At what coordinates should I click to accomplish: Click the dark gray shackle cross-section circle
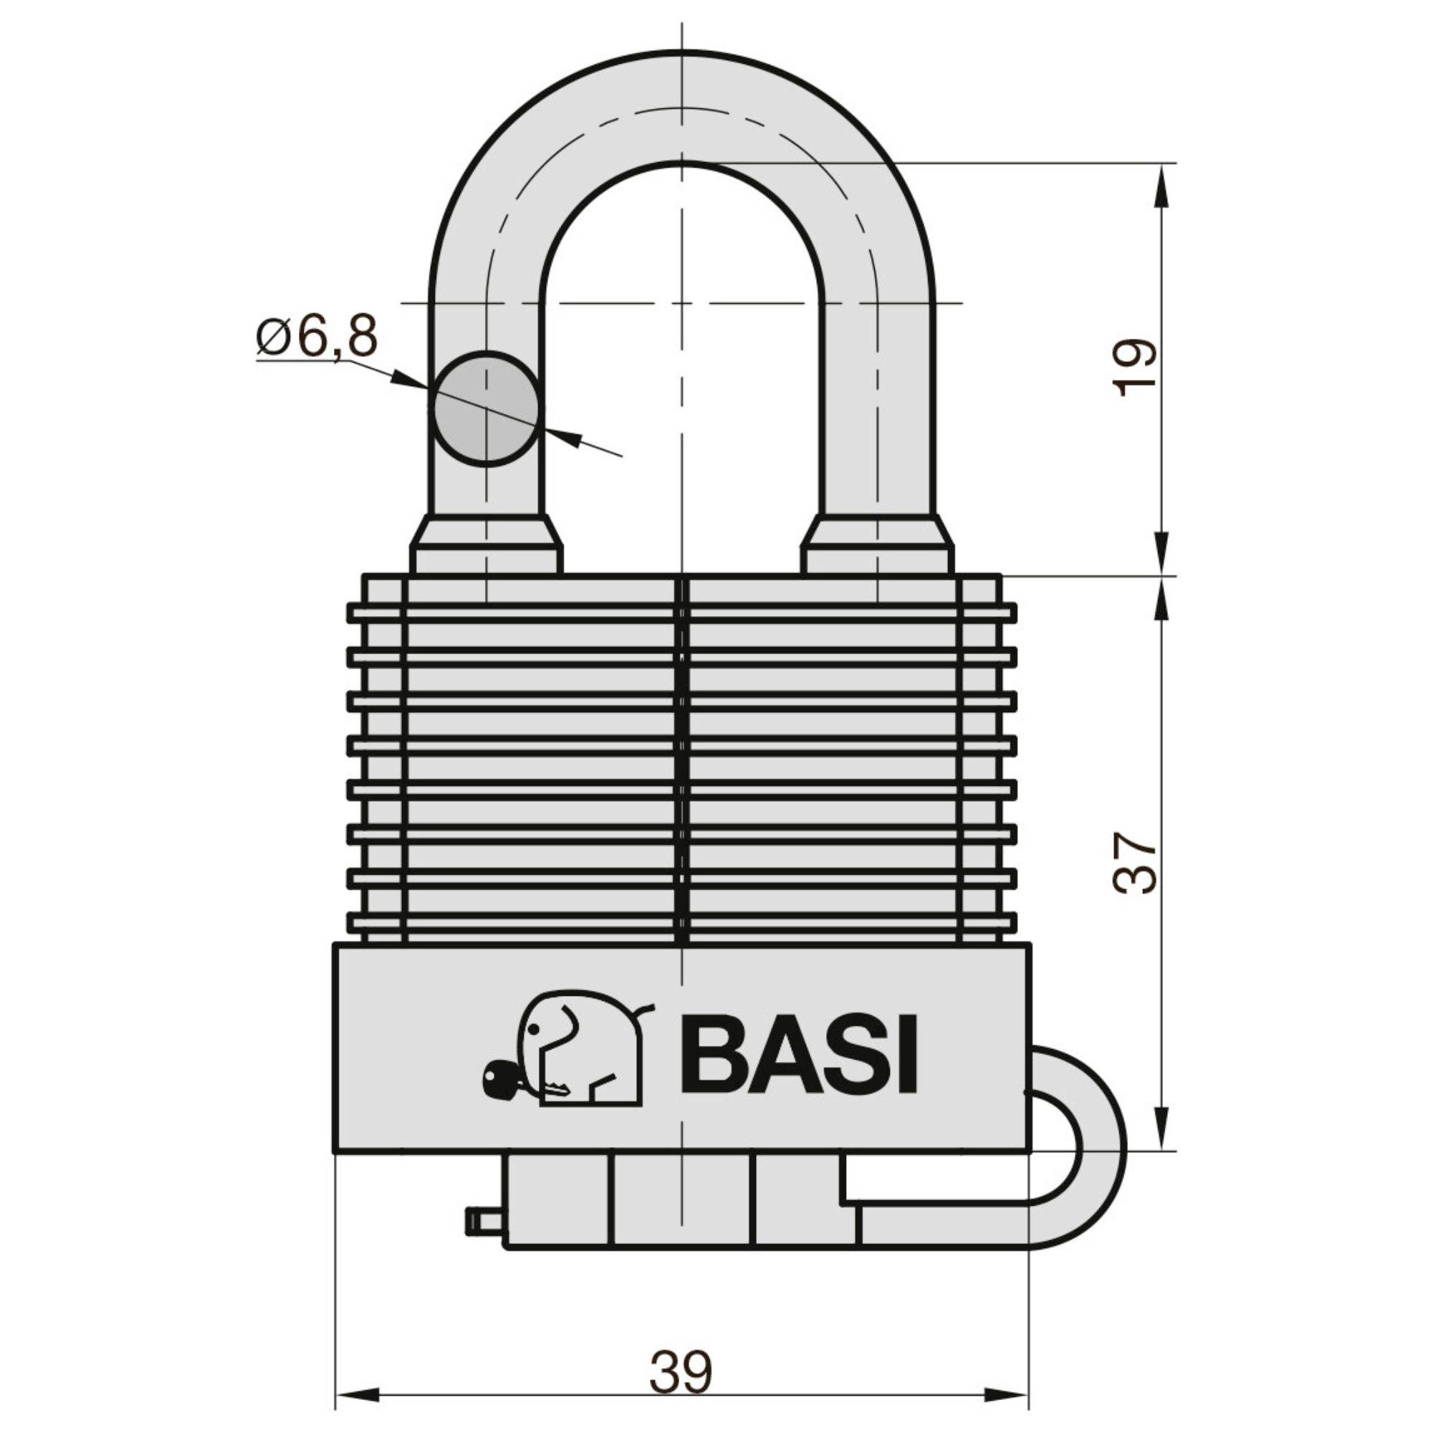pyautogui.click(x=487, y=408)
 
